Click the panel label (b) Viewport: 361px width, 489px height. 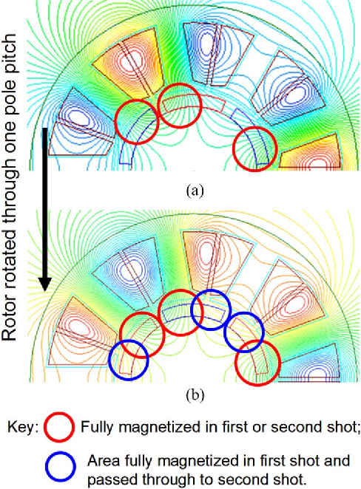tap(195, 395)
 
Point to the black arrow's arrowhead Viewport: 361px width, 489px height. tap(45, 283)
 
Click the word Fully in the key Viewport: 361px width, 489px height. tap(96, 427)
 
